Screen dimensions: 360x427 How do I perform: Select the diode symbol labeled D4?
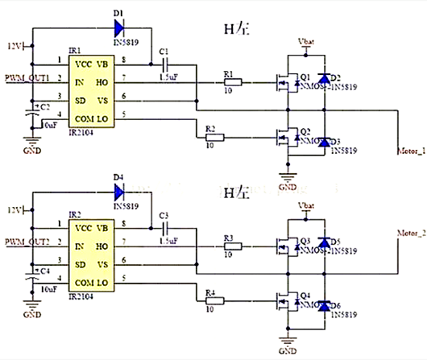[118, 192]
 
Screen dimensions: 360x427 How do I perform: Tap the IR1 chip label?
[74, 49]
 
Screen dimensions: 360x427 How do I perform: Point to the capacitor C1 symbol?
[166, 62]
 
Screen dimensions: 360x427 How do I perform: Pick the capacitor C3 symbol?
[166, 228]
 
